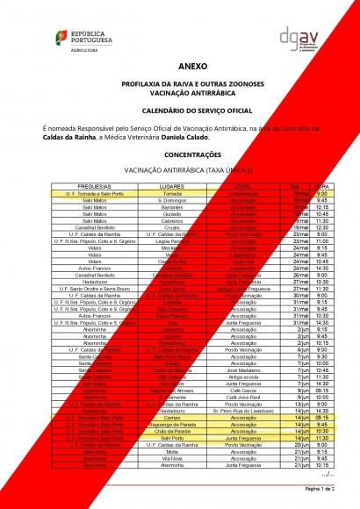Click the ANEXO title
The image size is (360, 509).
pos(180,66)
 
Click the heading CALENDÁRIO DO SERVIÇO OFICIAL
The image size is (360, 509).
pos(180,111)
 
